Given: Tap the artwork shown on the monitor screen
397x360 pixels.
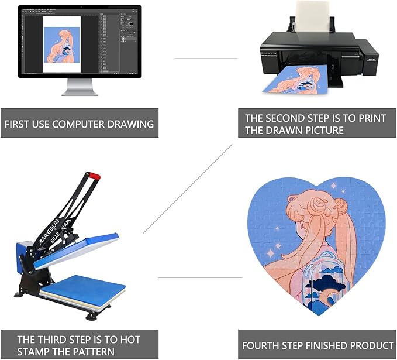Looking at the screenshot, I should click(x=61, y=44).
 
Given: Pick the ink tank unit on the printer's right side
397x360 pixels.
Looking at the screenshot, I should click(x=368, y=58).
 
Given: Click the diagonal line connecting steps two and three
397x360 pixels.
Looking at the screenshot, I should click(x=187, y=190).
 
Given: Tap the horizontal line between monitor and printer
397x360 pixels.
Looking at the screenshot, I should click(x=206, y=58).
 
